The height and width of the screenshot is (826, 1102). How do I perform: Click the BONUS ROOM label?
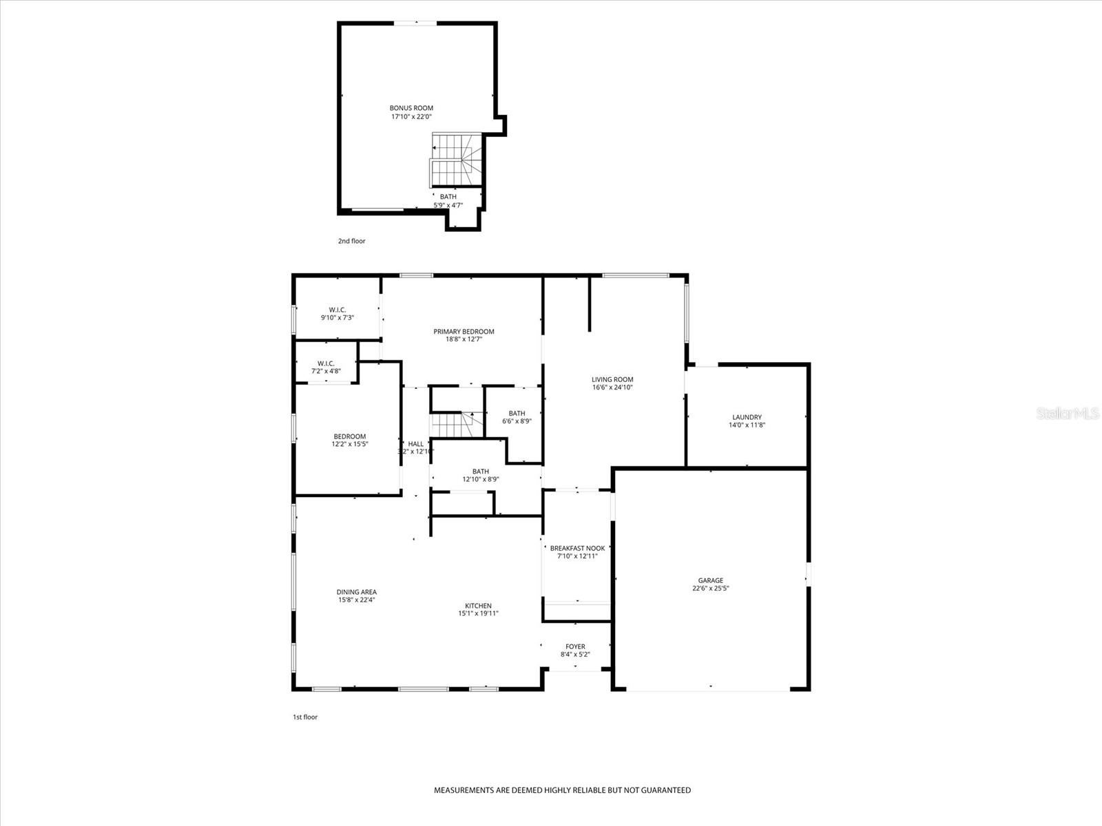pyautogui.click(x=411, y=108)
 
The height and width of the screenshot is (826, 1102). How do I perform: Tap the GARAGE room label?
pyautogui.click(x=711, y=580)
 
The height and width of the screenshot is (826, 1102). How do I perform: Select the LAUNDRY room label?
pyautogui.click(x=747, y=417)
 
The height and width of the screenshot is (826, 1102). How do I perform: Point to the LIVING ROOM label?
pyautogui.click(x=612, y=379)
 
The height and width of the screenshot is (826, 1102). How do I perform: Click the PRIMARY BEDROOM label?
pyautogui.click(x=464, y=331)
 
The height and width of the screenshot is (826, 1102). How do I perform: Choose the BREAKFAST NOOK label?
pyautogui.click(x=577, y=548)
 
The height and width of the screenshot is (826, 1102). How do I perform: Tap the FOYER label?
pyautogui.click(x=575, y=646)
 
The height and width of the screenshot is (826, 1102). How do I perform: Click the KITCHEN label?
pyautogui.click(x=478, y=606)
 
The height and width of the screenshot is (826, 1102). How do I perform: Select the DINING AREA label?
pyautogui.click(x=356, y=592)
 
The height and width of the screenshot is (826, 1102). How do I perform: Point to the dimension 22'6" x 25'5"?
pyautogui.click(x=711, y=589)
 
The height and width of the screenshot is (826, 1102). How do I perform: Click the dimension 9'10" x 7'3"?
pyautogui.click(x=337, y=318)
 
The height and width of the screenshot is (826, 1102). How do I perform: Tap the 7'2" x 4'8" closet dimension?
pyautogui.click(x=326, y=371)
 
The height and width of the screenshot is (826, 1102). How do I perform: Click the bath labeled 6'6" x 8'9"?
pyautogui.click(x=517, y=417)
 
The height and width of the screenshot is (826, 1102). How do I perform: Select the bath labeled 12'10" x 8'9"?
pyautogui.click(x=481, y=476)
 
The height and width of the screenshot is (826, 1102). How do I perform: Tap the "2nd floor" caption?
pyautogui.click(x=351, y=241)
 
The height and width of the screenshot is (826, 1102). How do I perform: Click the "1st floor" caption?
pyautogui.click(x=305, y=717)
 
